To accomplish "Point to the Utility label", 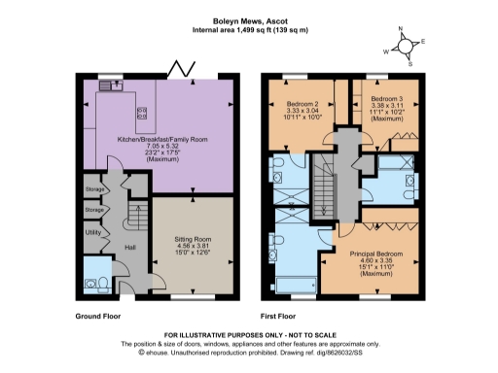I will click(93, 233).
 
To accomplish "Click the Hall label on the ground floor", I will click(129, 247).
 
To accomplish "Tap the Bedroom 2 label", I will click(304, 102).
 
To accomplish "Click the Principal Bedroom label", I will click(374, 253).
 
